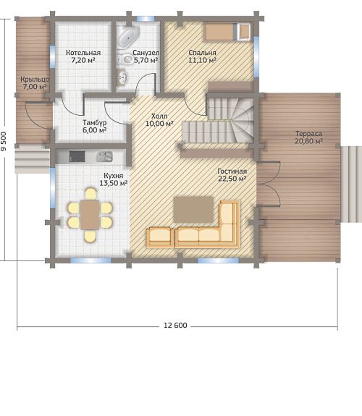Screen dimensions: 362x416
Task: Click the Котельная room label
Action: [83, 53]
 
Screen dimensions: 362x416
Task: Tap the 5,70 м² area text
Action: [146, 60]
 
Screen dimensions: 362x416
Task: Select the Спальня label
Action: [203, 53]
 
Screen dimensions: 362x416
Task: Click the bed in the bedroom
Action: [227, 32]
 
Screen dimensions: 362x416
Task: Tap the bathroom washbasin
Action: [122, 77]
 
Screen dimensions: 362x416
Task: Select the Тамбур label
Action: [95, 123]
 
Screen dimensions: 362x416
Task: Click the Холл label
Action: [159, 116]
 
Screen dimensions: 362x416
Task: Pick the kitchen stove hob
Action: [77, 156]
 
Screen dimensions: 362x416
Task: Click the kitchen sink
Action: [104, 156]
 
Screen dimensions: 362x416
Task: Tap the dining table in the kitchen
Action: [90, 215]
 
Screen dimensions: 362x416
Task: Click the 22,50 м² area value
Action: [232, 179]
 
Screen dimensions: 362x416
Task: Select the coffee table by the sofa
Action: [193, 210]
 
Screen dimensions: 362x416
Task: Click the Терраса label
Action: [308, 134]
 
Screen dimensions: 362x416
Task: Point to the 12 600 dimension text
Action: [175, 326]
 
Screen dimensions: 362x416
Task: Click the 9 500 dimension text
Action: [4, 141]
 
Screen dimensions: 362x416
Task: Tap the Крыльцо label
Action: [35, 80]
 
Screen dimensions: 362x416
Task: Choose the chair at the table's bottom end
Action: [90, 236]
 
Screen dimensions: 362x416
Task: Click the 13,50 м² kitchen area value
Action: [114, 183]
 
